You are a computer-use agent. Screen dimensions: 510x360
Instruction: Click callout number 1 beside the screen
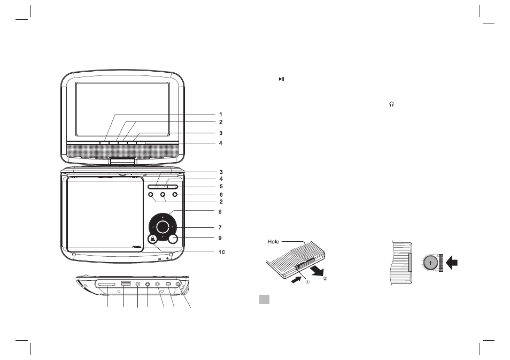click(221, 114)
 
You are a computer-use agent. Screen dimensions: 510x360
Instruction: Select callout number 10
click(221, 252)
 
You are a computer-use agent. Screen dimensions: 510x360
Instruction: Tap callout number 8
click(220, 212)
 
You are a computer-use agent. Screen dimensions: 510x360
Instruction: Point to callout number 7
click(220, 227)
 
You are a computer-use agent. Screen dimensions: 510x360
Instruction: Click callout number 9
click(220, 238)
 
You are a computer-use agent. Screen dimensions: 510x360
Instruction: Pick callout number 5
click(221, 187)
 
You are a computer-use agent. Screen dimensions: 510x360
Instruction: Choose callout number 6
click(221, 195)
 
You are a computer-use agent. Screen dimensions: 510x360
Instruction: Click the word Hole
click(273, 242)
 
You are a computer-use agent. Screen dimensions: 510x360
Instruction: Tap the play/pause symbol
click(282, 79)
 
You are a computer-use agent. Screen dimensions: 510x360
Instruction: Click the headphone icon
click(392, 104)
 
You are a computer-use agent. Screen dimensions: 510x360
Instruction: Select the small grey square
click(265, 300)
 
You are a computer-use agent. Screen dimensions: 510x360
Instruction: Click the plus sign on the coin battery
click(430, 263)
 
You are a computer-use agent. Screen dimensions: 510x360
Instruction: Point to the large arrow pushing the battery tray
click(452, 262)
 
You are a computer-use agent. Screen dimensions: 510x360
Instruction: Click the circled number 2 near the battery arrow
click(324, 278)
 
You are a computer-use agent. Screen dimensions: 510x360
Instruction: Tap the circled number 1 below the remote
click(307, 281)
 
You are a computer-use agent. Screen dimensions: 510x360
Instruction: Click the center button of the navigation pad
click(163, 227)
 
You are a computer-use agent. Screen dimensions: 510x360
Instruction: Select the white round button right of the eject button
click(173, 239)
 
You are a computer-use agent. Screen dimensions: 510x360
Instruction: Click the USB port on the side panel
click(126, 284)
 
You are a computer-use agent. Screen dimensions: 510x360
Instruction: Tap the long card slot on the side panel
click(106, 285)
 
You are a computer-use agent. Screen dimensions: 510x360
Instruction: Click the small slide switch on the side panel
click(168, 285)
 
